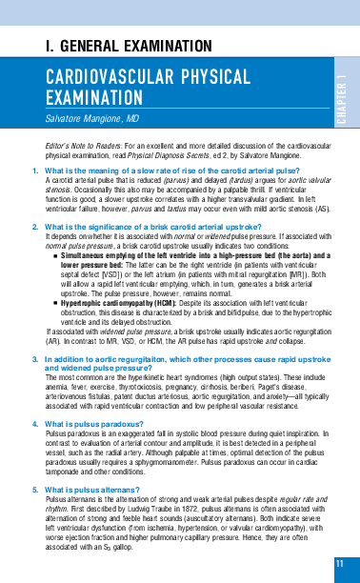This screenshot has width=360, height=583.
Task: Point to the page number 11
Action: (340, 564)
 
